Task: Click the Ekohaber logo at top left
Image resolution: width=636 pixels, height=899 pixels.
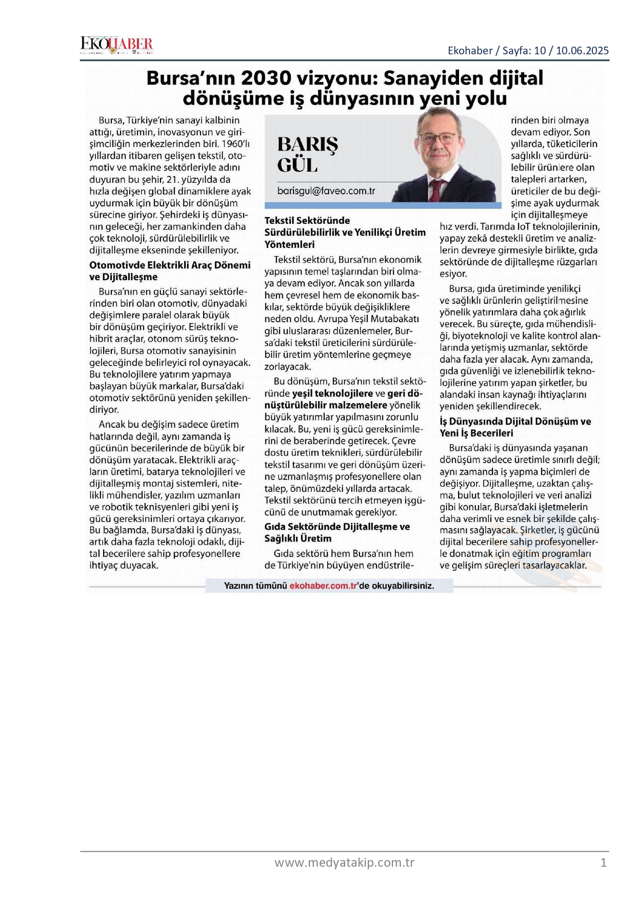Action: [116, 45]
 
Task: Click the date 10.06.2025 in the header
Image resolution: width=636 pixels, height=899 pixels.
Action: [582, 50]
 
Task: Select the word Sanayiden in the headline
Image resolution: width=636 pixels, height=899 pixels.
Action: [433, 78]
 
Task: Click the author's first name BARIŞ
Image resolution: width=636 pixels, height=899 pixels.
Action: [308, 144]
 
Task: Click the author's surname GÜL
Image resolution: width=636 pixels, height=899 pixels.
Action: [297, 165]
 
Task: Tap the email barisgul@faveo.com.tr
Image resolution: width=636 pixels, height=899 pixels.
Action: [326, 191]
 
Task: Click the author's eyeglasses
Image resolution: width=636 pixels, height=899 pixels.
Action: [437, 138]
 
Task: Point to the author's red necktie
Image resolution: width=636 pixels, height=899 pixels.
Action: [436, 190]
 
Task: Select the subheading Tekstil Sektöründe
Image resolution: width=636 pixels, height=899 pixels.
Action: [307, 221]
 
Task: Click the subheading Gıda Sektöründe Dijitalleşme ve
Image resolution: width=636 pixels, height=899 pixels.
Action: [337, 527]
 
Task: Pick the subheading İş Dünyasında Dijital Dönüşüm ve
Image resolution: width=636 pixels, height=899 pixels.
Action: [515, 422]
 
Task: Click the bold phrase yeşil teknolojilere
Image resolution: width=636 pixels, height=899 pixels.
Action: [332, 394]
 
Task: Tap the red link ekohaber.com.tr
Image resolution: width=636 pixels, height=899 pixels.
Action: [323, 586]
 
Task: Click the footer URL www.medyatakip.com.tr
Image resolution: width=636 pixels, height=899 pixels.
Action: [344, 863]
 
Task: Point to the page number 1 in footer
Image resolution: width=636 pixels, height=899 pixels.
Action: [603, 863]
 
